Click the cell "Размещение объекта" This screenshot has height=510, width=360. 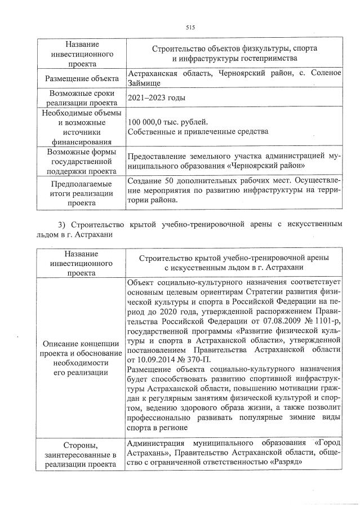point(82,78)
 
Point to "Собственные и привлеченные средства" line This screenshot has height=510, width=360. point(189,132)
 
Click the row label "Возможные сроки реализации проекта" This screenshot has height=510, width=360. point(82,98)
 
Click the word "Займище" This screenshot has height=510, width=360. point(145,83)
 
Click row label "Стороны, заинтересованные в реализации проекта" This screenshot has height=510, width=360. point(82,454)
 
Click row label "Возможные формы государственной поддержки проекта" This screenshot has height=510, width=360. point(82,162)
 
